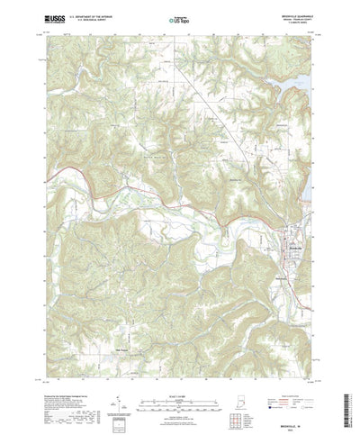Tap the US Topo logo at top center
pos(179,18)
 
